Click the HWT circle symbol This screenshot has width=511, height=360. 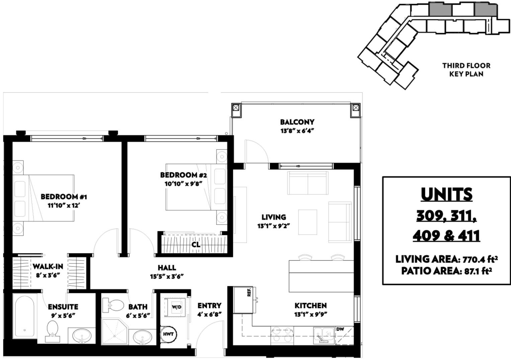168,334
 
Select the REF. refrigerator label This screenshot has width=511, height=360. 249,292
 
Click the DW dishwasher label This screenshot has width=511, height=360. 340,329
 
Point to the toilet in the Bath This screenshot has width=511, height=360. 113,305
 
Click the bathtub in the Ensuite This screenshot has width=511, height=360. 25,316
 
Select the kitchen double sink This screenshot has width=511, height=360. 324,335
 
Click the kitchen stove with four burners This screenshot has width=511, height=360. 282,336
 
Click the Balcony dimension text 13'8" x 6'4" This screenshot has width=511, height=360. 297,131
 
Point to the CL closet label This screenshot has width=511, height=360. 196,245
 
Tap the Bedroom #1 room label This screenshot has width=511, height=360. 64,196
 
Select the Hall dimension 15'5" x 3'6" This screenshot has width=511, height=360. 167,277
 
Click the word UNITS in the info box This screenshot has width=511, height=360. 446,194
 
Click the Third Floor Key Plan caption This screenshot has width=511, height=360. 466,70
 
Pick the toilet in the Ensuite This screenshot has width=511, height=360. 53,331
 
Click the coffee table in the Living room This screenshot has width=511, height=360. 308,222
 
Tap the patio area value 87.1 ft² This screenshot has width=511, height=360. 478,271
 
